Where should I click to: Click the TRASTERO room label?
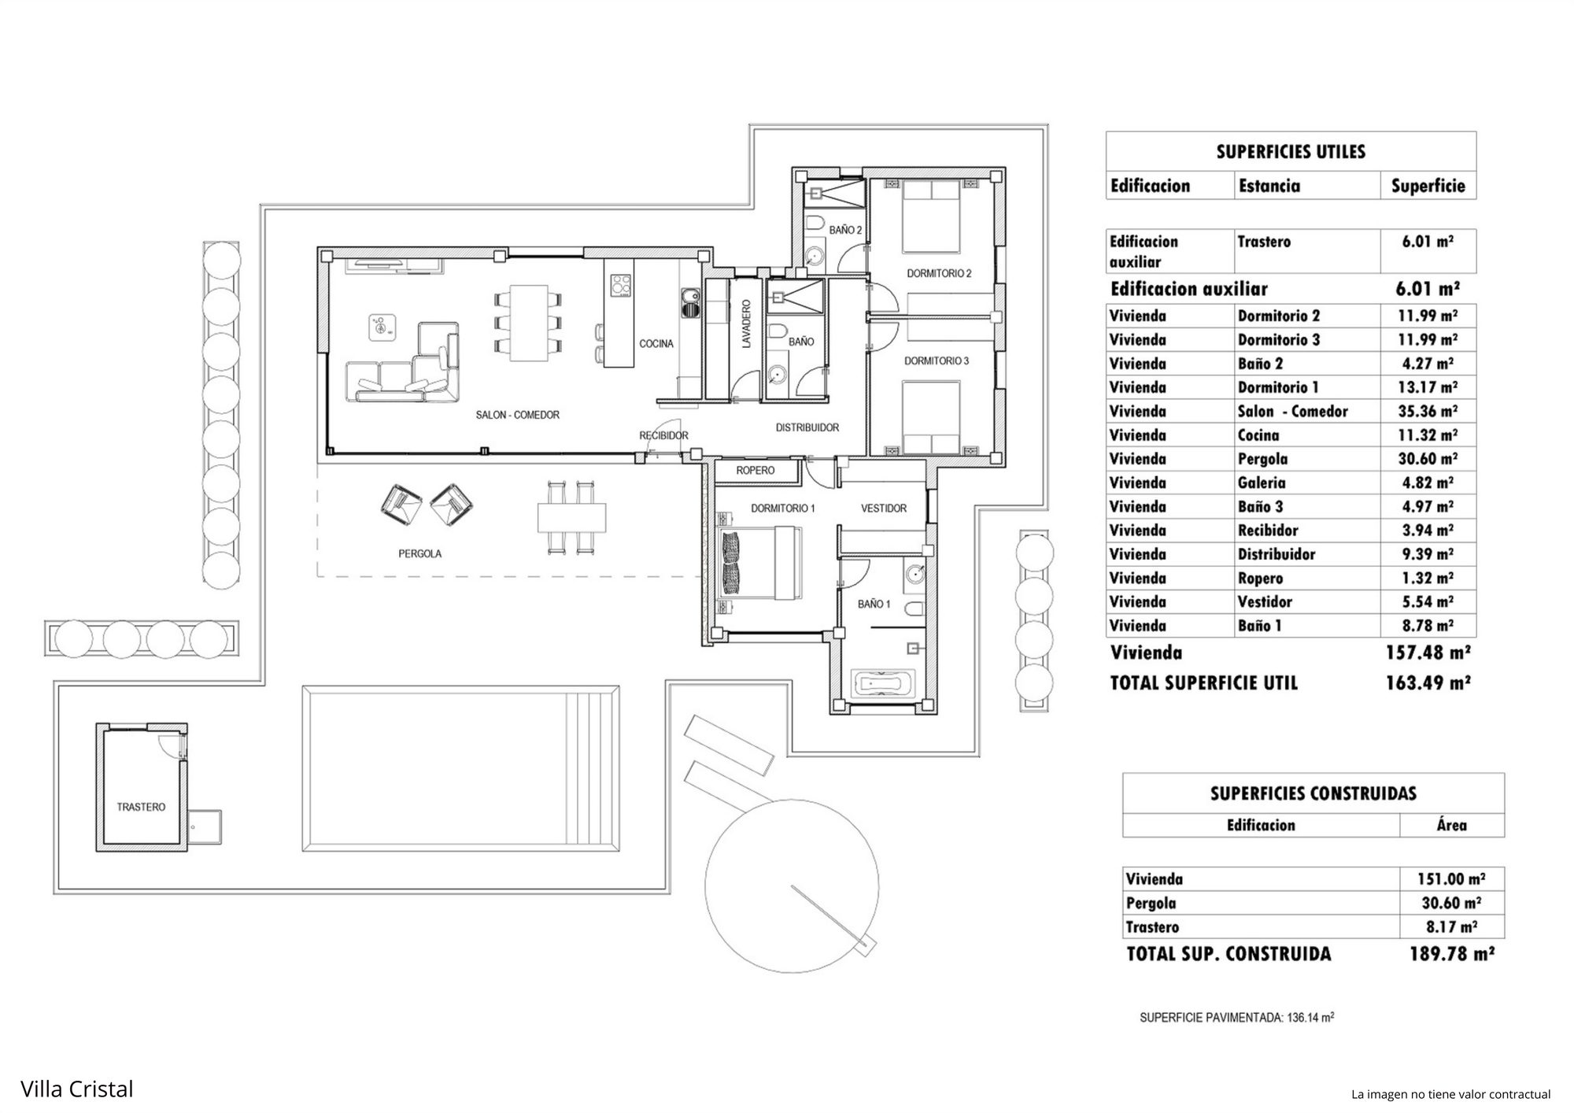tap(141, 807)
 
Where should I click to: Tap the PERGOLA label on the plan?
tap(419, 553)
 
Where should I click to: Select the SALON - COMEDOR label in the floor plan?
tap(517, 415)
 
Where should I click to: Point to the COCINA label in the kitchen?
tap(656, 343)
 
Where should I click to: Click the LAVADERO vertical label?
tap(747, 323)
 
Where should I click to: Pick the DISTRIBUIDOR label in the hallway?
tap(807, 427)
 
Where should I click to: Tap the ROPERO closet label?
tap(756, 471)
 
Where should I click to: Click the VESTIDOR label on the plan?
tap(884, 508)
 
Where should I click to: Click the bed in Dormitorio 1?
tap(759, 564)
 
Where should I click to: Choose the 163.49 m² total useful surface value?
tap(1428, 682)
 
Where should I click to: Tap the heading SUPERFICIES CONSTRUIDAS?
tap(1313, 793)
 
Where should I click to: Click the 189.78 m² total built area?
tap(1451, 954)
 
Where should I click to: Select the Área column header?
tap(1451, 825)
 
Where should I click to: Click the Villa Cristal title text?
tap(77, 1089)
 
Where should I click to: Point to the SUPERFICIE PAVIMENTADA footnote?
tap(1236, 1018)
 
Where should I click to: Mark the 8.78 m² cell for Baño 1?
tap(1427, 626)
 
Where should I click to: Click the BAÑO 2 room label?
tap(846, 231)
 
